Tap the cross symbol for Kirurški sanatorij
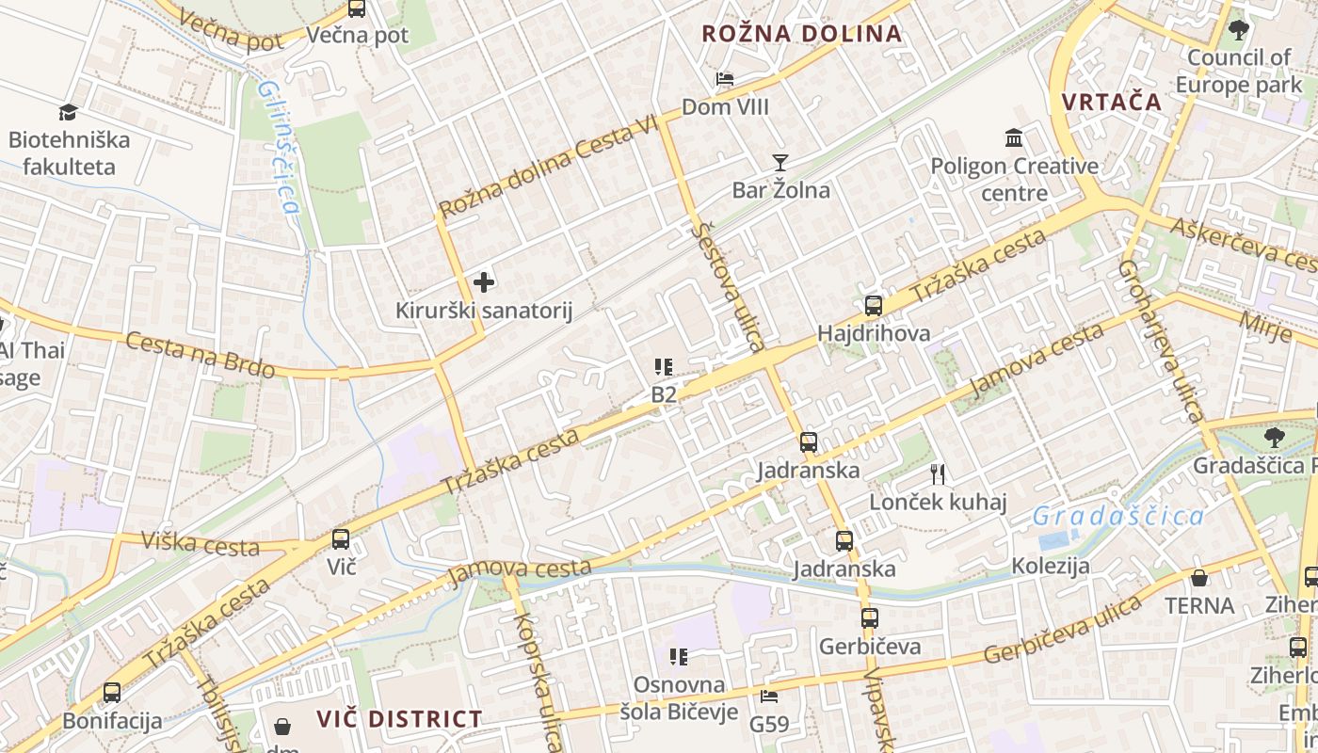pyautogui.click(x=484, y=281)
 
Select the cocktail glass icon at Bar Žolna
pyautogui.click(x=780, y=163)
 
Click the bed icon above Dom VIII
pyautogui.click(x=725, y=79)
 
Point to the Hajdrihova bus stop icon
pyautogui.click(x=874, y=306)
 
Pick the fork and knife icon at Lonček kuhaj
pyautogui.click(x=937, y=474)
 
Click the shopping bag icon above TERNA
pyautogui.click(x=1199, y=578)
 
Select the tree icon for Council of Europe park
pyautogui.click(x=1239, y=30)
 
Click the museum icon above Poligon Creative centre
pyautogui.click(x=1014, y=139)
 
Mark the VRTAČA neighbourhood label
pyautogui.click(x=1112, y=102)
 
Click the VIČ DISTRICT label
pyautogui.click(x=399, y=719)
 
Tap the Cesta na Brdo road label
pyautogui.click(x=200, y=355)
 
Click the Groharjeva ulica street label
pyautogui.click(x=1161, y=341)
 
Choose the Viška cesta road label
pyautogui.click(x=200, y=542)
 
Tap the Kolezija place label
pyautogui.click(x=1051, y=566)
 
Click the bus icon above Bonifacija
pyautogui.click(x=112, y=693)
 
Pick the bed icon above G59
pyautogui.click(x=769, y=697)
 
